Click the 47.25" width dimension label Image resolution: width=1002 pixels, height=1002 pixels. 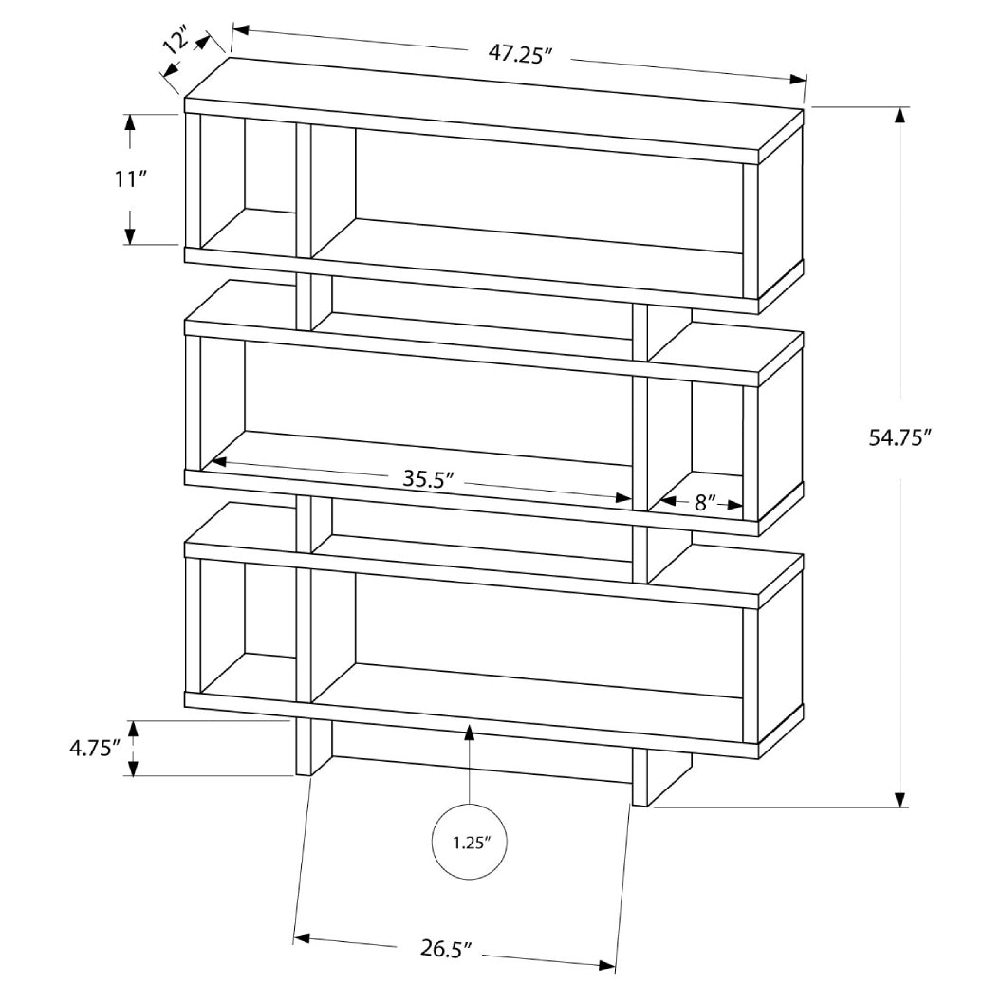521,54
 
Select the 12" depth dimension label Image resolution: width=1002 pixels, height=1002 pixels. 173,43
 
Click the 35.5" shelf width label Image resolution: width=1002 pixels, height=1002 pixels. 423,478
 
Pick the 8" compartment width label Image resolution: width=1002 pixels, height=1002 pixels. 704,502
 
